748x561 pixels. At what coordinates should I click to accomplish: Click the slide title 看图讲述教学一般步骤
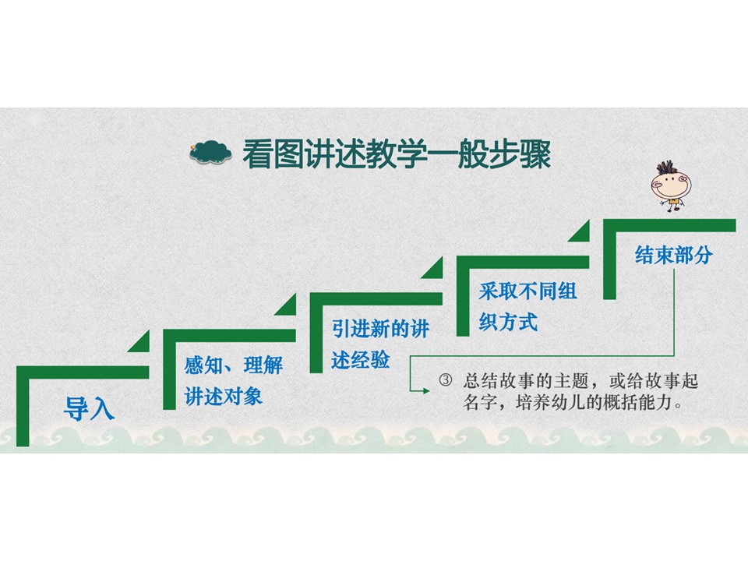coord(397,154)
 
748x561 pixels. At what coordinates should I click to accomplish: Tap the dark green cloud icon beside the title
coord(210,152)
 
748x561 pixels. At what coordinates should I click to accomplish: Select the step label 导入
coord(89,408)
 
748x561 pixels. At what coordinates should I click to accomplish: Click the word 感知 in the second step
coord(200,365)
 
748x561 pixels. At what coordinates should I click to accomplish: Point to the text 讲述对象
coord(224,397)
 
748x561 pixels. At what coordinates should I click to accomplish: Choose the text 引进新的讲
coord(380,329)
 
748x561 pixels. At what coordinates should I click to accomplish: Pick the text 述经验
coord(361,360)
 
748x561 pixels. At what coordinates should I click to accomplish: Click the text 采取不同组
coord(527,291)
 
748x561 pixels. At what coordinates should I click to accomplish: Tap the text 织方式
coord(508,322)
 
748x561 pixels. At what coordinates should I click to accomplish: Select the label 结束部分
coord(673,255)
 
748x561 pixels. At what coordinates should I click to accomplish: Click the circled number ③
coord(445,380)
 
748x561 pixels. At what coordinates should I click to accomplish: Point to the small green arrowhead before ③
coord(426,391)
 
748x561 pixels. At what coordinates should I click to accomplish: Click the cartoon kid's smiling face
coord(671,186)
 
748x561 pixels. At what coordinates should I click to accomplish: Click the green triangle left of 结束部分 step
coord(579,231)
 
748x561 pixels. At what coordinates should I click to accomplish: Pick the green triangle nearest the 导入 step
coord(139,341)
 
